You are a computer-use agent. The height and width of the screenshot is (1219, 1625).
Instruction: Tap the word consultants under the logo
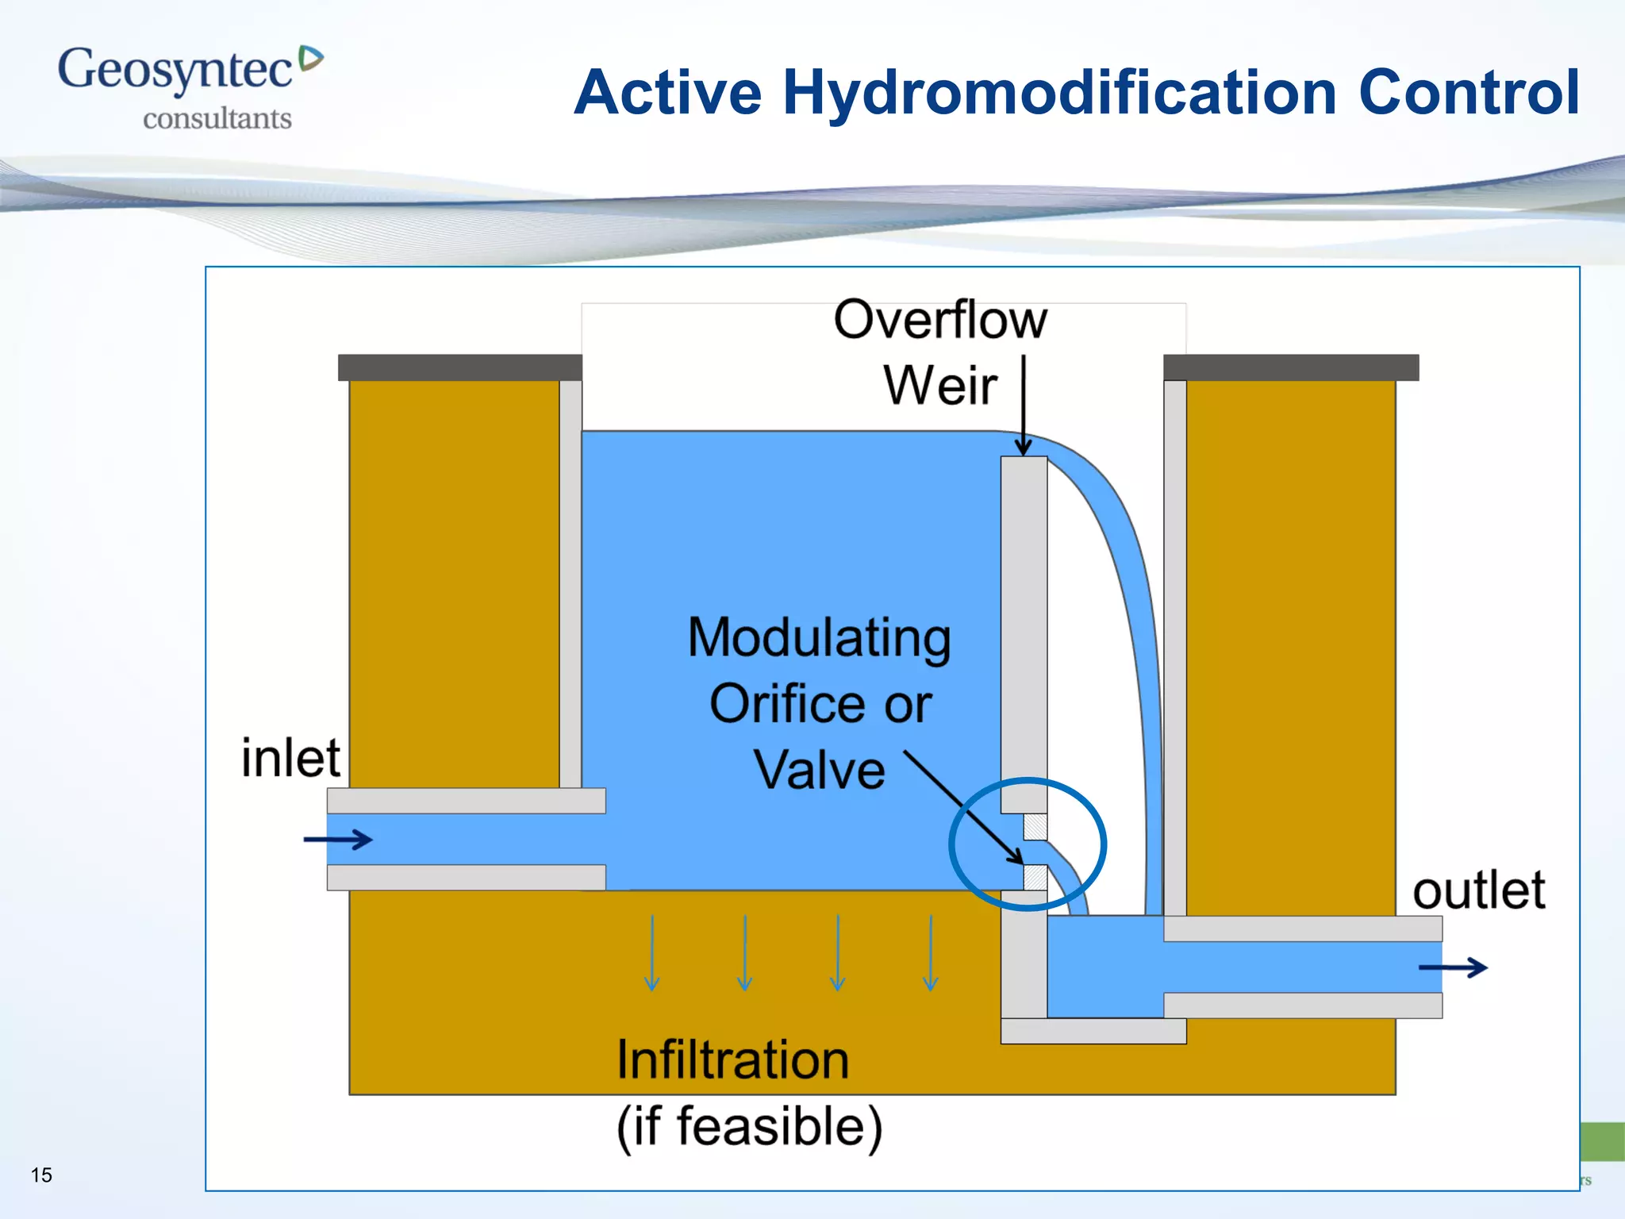217,119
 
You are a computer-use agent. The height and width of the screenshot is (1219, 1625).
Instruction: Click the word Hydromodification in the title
1060,94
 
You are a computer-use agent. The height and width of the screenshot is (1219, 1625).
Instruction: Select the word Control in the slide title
1468,92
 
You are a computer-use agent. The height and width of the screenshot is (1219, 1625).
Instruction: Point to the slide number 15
41,1175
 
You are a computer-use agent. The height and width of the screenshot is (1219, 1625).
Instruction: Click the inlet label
290,758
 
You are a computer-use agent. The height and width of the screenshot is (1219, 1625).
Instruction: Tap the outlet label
1478,890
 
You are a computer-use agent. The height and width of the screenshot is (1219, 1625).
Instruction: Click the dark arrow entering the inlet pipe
338,840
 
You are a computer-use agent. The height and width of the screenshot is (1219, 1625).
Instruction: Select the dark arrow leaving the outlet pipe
1452,967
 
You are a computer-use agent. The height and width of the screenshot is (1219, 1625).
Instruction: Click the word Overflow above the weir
939,320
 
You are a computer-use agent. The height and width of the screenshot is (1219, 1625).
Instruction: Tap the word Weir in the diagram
939,386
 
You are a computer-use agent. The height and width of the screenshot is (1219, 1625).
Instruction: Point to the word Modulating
819,639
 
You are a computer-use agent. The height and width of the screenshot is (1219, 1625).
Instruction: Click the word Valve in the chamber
819,770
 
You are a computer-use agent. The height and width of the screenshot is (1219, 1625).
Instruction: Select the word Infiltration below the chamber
732,1060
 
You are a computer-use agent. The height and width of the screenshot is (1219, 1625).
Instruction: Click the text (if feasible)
749,1127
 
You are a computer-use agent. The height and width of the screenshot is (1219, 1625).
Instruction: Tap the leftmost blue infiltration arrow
651,952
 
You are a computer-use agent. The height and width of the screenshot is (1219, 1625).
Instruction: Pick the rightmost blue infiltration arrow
930,952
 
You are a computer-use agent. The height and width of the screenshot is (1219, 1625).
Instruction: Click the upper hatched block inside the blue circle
1035,827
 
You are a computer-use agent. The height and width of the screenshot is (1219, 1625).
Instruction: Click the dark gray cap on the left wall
460,367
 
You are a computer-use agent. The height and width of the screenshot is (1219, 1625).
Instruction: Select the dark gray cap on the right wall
1291,367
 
